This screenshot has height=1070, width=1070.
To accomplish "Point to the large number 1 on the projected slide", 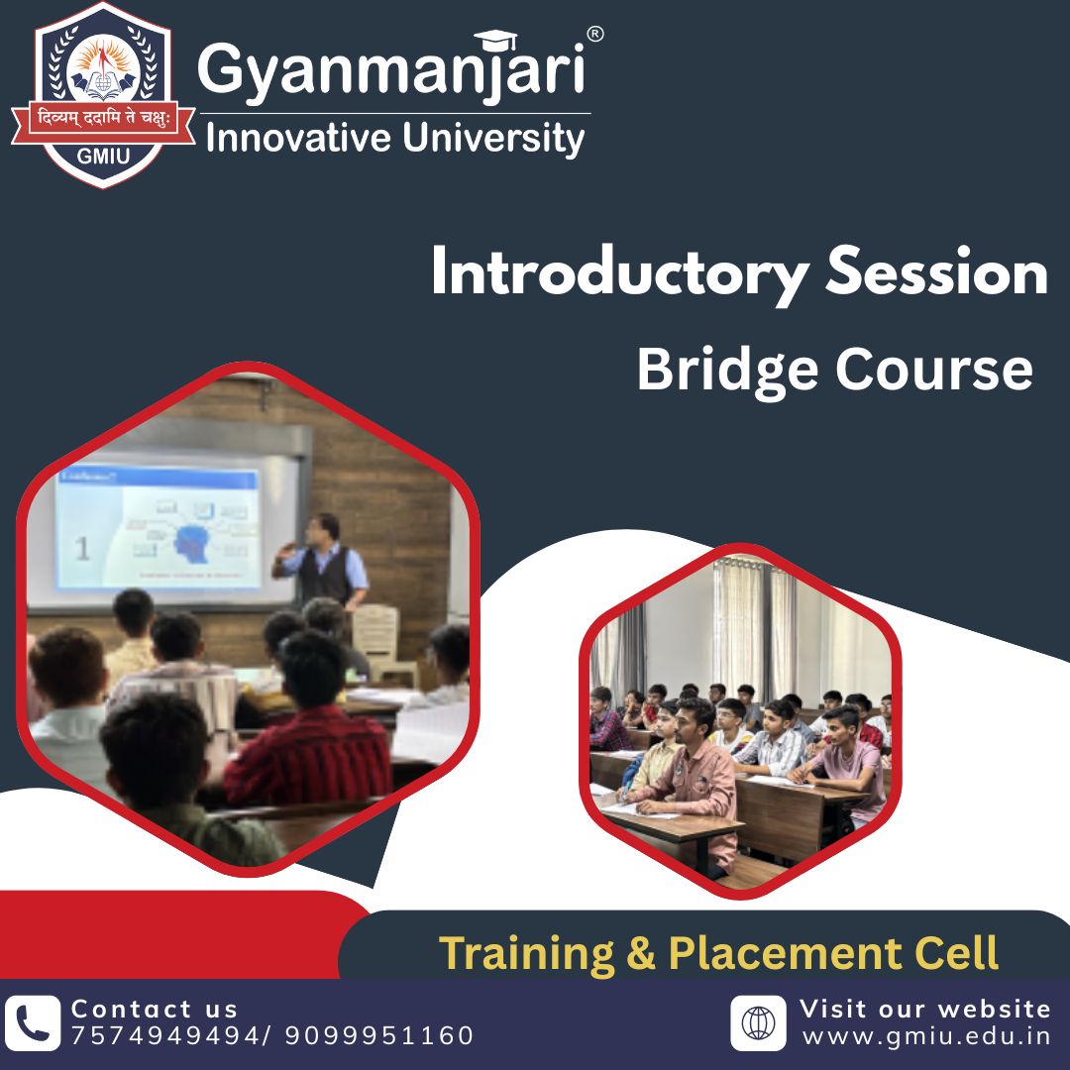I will point(82,548).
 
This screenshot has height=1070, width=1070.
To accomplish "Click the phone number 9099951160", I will point(379,1036).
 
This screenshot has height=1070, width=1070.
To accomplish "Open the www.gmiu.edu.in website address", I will point(925,1036).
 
